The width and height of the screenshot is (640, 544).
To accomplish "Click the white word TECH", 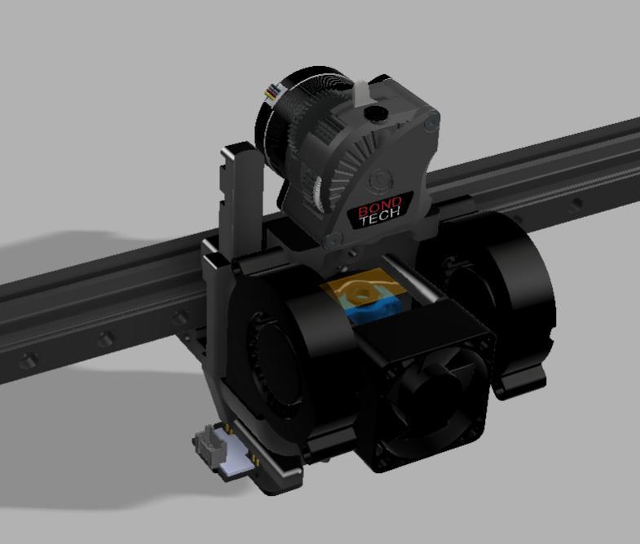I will [381, 215].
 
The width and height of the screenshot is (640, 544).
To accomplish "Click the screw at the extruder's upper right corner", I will [431, 122].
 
